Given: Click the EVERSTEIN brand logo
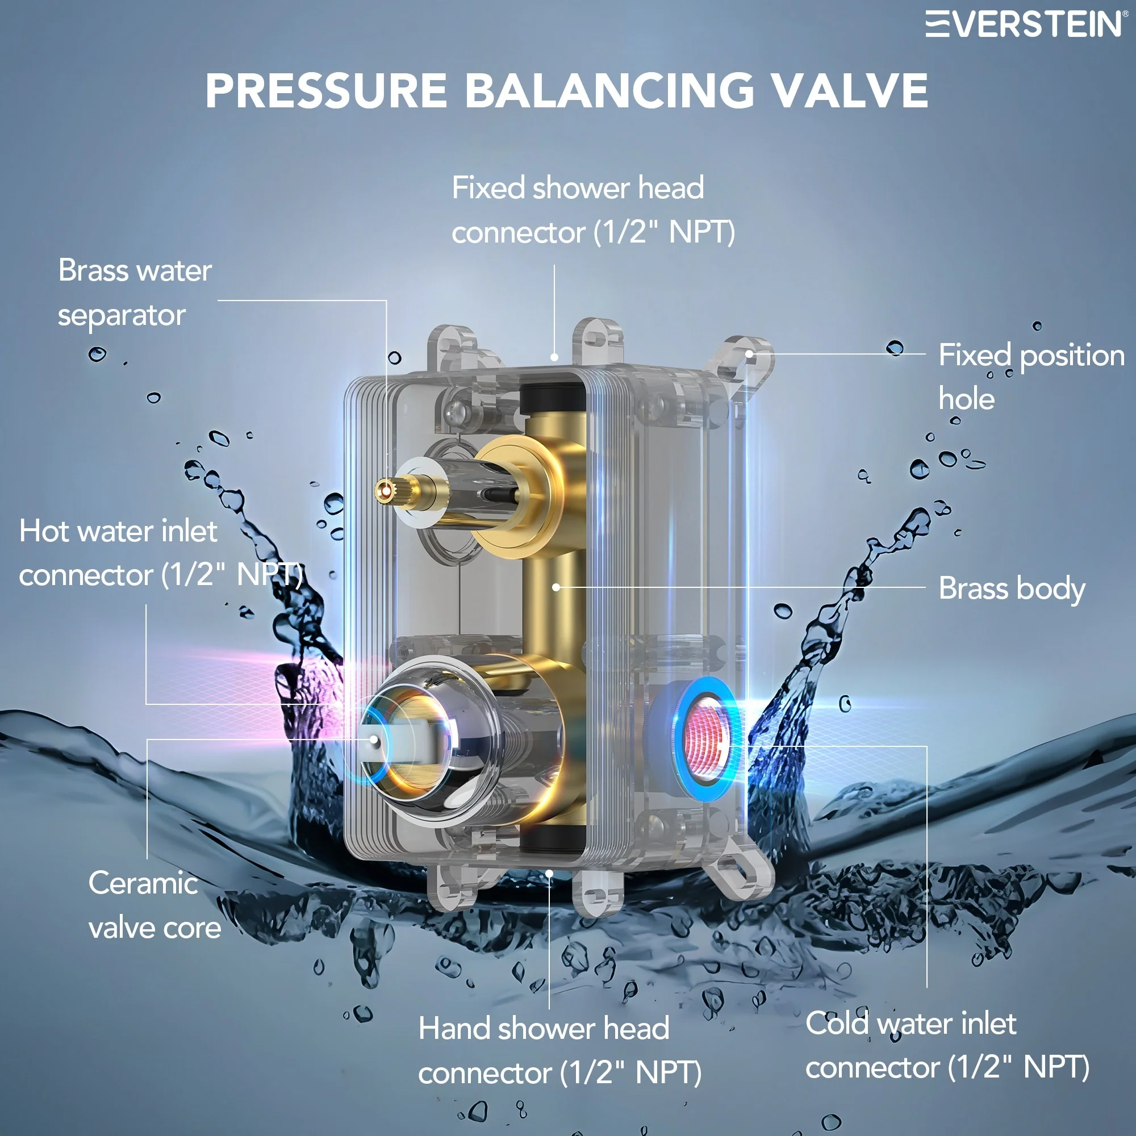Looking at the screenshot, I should click(1024, 24).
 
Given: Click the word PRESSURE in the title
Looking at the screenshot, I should click(327, 91).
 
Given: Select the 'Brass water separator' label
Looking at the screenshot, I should click(135, 293).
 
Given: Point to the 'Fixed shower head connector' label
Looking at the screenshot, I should click(592, 210).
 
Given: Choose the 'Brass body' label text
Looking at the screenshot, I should click(1012, 588).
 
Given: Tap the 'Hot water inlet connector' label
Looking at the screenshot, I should click(160, 553).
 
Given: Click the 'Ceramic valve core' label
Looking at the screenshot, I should click(154, 905).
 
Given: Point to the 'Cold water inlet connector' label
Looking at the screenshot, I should click(947, 1046).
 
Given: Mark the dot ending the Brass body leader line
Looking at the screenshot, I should click(556, 587).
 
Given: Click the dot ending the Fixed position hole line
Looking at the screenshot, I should click(750, 354).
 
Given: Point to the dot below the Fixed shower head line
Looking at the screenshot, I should click(554, 357).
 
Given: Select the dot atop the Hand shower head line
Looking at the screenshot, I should click(549, 874).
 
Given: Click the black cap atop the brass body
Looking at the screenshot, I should click(552, 399).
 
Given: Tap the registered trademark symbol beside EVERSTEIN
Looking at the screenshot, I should click(1125, 14).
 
